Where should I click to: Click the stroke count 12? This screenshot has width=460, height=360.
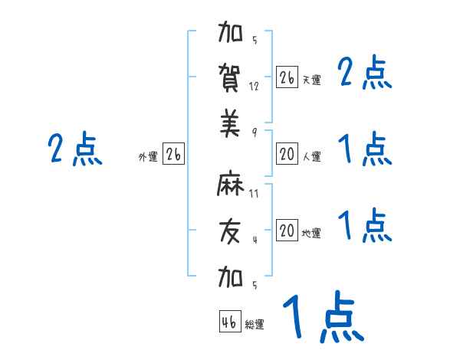tap(254, 87)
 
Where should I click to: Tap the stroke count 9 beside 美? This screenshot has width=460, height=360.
tap(254, 131)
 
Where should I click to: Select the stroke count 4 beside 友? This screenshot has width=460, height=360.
tap(254, 239)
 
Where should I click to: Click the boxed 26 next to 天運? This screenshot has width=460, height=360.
tap(287, 77)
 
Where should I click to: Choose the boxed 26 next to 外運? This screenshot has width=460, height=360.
tap(173, 154)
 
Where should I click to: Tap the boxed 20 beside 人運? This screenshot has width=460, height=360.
tap(287, 154)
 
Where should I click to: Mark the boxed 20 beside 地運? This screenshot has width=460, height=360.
tap(287, 231)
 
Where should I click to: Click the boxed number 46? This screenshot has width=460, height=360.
tap(229, 321)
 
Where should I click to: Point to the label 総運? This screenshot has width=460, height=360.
tap(255, 325)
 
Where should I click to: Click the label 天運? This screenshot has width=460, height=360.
tap(311, 80)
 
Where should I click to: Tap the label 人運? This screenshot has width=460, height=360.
tap(311, 157)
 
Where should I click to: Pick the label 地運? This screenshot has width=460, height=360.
tap(311, 234)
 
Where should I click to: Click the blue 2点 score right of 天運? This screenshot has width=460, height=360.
tap(365, 74)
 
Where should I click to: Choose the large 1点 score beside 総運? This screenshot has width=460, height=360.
tap(322, 318)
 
